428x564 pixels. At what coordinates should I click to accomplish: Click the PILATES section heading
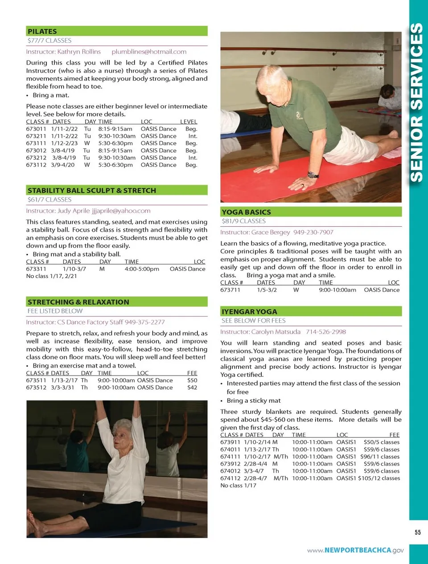[42, 31]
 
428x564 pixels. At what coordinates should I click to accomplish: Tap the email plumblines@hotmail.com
[149, 52]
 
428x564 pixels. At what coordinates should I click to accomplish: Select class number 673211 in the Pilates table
[36, 136]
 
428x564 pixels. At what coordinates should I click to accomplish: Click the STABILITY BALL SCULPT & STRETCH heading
[92, 190]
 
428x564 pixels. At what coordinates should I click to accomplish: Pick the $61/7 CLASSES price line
[49, 200]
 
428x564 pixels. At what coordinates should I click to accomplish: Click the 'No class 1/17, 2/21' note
[52, 276]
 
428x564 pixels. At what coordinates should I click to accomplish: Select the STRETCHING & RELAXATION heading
[78, 302]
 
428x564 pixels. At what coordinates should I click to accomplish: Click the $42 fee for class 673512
[192, 388]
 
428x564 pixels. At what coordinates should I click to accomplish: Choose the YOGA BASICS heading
[246, 212]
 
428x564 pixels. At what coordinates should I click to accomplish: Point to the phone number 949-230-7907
[313, 232]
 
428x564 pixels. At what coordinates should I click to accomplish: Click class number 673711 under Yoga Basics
[230, 290]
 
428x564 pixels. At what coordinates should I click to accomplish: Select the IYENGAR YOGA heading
[249, 311]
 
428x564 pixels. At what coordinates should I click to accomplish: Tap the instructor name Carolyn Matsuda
[276, 332]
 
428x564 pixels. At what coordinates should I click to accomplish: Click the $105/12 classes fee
[379, 478]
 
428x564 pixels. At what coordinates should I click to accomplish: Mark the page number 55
[417, 532]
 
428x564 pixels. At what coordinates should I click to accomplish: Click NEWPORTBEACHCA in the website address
[358, 550]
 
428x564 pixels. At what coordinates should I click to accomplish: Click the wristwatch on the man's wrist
[313, 175]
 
